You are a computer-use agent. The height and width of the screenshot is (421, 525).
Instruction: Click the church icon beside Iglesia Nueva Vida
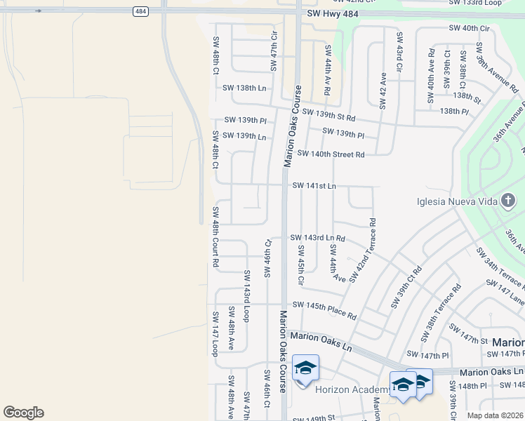(x=507, y=202)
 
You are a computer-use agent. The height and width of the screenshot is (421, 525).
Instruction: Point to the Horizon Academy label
(x=352, y=389)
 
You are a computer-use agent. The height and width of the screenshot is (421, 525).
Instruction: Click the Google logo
(x=23, y=413)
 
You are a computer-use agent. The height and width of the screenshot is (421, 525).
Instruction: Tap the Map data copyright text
(x=495, y=415)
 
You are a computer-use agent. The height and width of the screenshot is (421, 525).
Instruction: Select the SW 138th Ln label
(x=244, y=88)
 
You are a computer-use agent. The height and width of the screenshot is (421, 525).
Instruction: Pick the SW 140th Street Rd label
(x=331, y=154)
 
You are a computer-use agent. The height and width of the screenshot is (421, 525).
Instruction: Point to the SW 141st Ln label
(x=314, y=185)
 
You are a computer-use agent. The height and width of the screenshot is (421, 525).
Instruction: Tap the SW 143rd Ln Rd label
(x=317, y=239)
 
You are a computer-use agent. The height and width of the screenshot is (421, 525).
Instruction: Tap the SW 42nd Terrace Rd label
(x=362, y=250)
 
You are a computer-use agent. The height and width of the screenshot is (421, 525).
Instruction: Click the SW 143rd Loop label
(x=246, y=295)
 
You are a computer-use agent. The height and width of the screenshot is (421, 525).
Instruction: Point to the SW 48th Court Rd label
(x=215, y=236)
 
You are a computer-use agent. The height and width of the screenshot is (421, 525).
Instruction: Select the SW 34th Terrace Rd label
(x=499, y=269)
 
